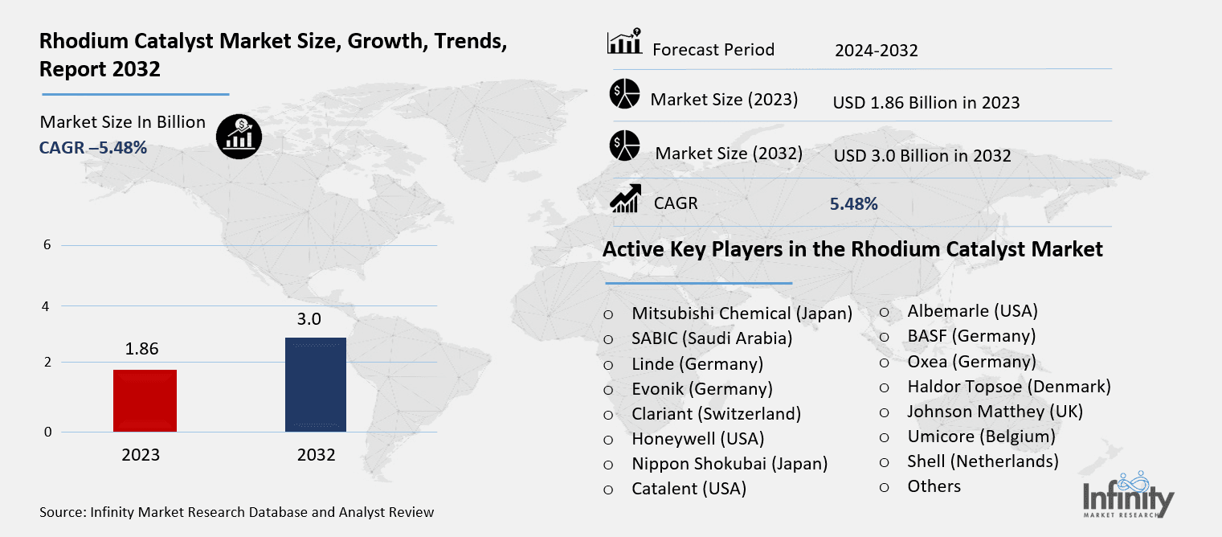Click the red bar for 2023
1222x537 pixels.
tap(145, 400)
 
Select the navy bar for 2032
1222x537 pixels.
tap(316, 384)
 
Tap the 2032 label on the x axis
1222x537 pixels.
tap(316, 455)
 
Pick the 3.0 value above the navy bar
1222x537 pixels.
tap(309, 319)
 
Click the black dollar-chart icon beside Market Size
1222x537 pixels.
tap(239, 135)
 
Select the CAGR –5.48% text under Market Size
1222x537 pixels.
tap(93, 148)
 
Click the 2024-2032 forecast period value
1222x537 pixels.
tap(876, 51)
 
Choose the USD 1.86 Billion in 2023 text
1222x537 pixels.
tap(926, 103)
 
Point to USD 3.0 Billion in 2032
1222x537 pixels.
tap(922, 156)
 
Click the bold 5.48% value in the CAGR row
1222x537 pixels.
tap(853, 204)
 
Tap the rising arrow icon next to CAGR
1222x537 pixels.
tap(624, 199)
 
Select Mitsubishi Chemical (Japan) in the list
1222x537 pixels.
tap(742, 314)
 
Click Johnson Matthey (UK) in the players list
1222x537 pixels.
tap(995, 412)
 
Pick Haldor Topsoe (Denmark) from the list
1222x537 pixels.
tap(1008, 387)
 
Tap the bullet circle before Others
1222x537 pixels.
tap(884, 486)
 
